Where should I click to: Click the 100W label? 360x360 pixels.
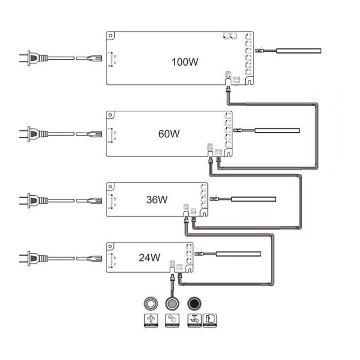tap(184, 62)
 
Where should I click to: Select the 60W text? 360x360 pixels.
tap(169, 134)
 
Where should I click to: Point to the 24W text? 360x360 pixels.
tap(149, 258)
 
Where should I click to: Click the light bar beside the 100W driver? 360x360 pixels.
tap(298, 51)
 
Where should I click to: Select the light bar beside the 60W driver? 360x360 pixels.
tap(277, 130)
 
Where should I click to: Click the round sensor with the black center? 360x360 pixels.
tap(194, 303)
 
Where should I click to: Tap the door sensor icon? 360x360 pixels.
tap(210, 319)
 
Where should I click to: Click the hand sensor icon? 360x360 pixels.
tap(194, 319)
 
